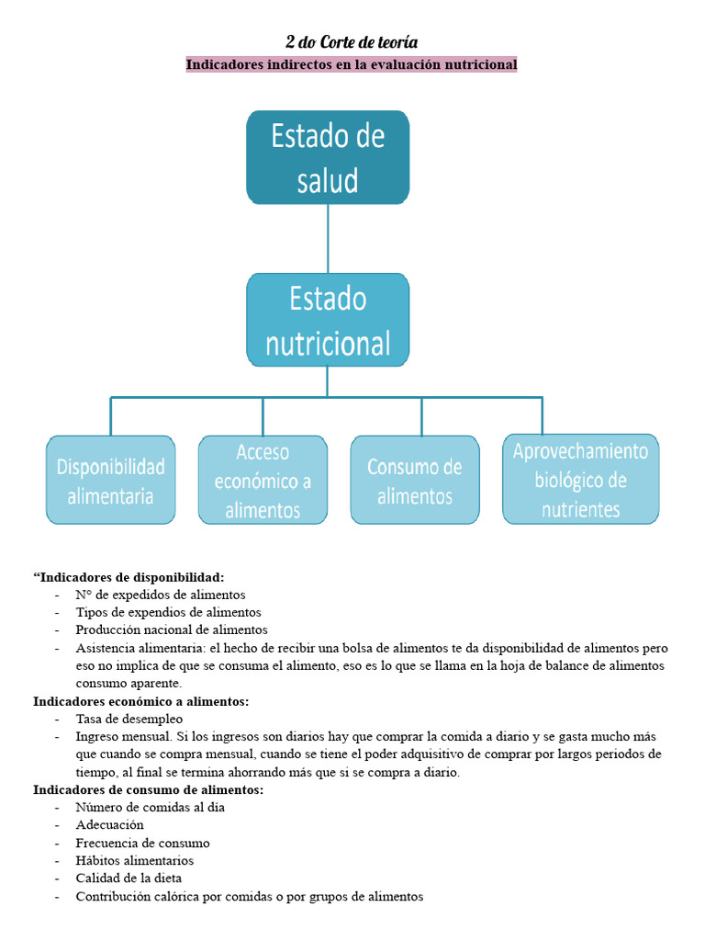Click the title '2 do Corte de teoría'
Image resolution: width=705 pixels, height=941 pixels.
pyautogui.click(x=352, y=42)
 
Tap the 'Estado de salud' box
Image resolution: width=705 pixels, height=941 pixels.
pyautogui.click(x=328, y=157)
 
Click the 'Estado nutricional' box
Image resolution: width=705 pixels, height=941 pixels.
pyautogui.click(x=328, y=320)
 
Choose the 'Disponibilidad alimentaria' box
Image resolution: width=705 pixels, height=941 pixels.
pyautogui.click(x=111, y=481)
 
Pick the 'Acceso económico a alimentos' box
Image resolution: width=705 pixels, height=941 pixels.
pyautogui.click(x=263, y=481)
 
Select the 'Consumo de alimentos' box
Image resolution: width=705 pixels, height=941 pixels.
pyautogui.click(x=415, y=481)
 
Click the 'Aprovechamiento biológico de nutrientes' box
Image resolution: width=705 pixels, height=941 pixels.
pyautogui.click(x=580, y=480)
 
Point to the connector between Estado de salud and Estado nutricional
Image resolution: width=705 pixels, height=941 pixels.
pyautogui.click(x=328, y=238)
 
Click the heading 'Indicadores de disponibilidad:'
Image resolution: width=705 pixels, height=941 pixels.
pyautogui.click(x=129, y=577)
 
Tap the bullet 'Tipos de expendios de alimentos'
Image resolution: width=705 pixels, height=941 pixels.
pyautogui.click(x=168, y=612)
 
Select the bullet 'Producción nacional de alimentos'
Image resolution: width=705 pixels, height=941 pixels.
pyautogui.click(x=172, y=629)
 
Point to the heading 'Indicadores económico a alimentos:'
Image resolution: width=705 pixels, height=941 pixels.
pyautogui.click(x=140, y=701)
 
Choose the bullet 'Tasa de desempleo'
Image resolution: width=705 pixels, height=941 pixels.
pyautogui.click(x=129, y=719)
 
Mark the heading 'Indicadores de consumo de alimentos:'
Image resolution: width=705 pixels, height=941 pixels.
pyautogui.click(x=148, y=789)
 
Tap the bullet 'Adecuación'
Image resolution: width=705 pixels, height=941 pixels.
pyautogui.click(x=109, y=825)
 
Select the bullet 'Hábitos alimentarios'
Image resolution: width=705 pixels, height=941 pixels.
pyautogui.click(x=135, y=861)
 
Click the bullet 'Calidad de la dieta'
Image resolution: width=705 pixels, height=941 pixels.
pyautogui.click(x=129, y=879)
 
